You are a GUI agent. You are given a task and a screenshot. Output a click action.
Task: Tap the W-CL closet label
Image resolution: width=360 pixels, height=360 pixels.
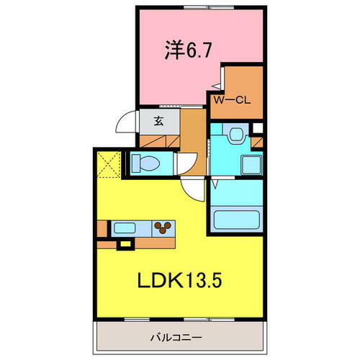230,100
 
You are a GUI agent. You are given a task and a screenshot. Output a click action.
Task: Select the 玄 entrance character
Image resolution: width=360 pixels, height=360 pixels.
157,121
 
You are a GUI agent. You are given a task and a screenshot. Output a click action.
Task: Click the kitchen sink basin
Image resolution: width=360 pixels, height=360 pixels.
124,229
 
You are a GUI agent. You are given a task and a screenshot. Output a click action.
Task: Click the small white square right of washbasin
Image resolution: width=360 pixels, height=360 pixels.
258,130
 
